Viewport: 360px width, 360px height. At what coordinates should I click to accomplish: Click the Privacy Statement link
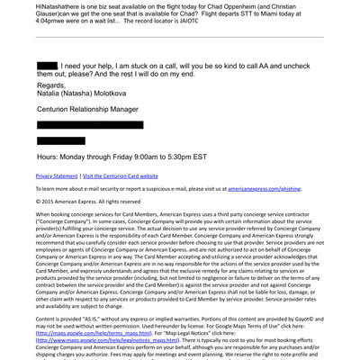click(57, 176)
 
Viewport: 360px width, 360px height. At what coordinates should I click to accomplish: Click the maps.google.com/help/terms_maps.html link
click(85, 333)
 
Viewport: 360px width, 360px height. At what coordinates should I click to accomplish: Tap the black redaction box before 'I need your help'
click(47, 67)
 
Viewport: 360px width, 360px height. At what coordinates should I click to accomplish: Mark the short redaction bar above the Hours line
click(60, 141)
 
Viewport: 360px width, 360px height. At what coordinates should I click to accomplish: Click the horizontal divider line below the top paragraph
click(180, 37)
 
